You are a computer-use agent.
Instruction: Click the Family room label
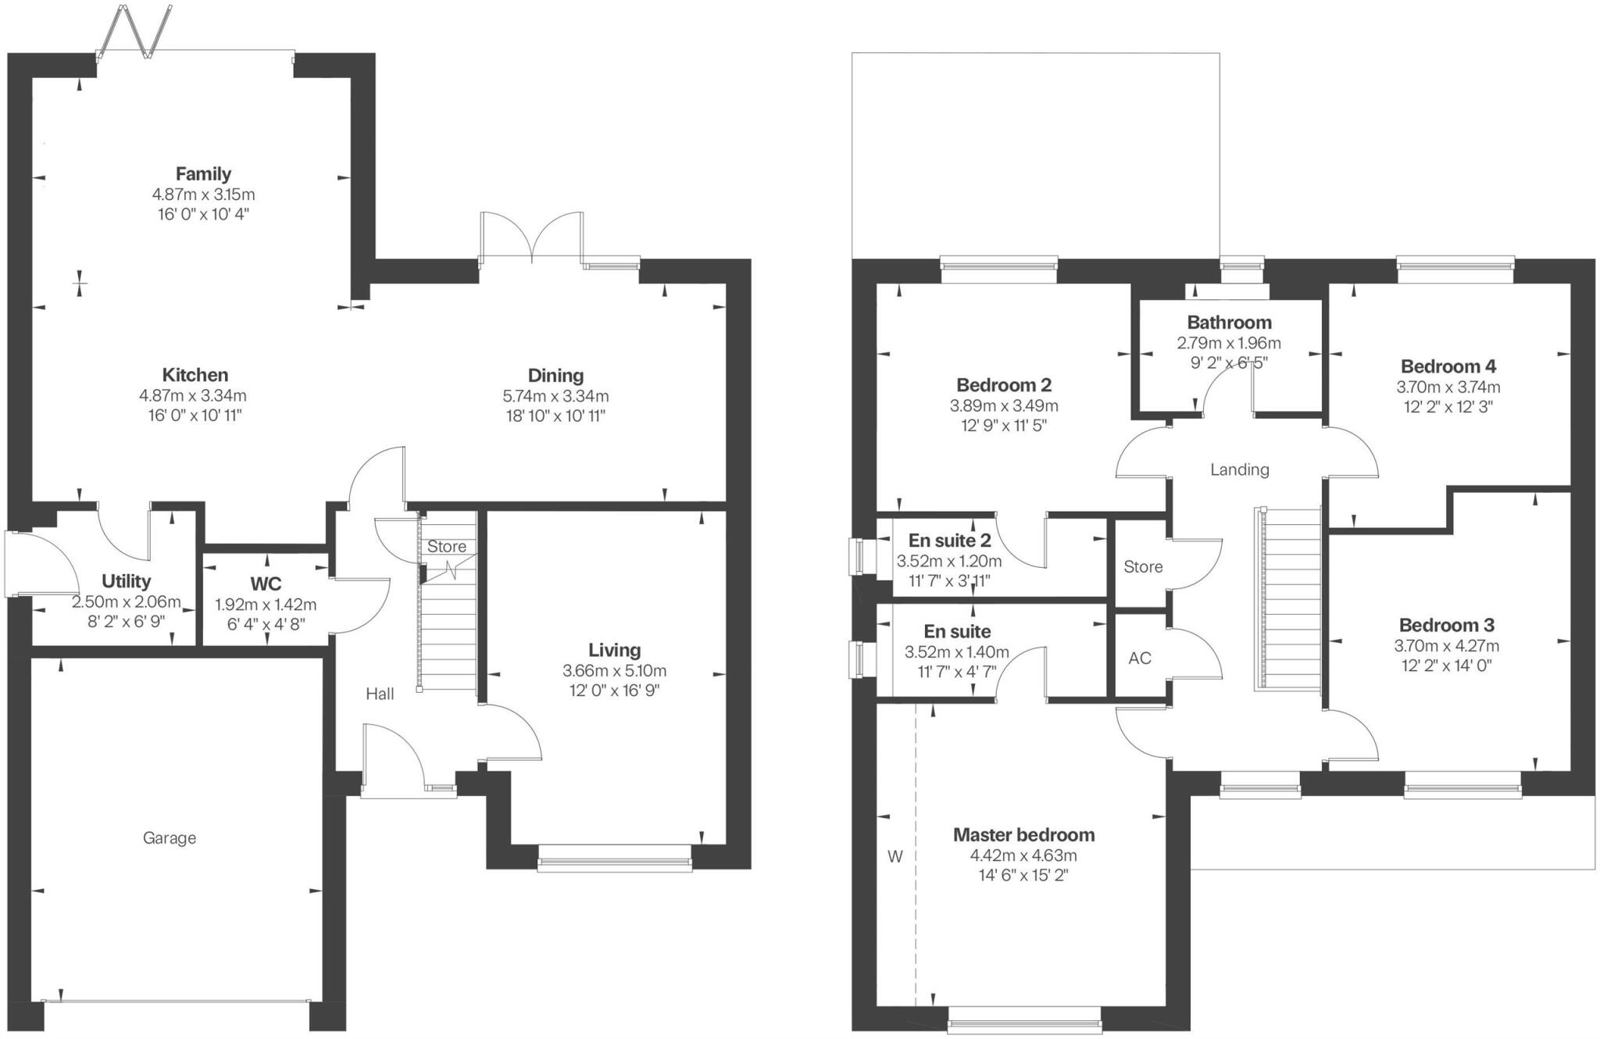[203, 173]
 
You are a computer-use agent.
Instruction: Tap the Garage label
[170, 838]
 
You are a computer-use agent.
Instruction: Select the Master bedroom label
[1023, 834]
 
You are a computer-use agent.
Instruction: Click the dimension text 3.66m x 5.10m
[614, 670]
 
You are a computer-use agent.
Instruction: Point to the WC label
[266, 584]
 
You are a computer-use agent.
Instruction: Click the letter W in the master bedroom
[895, 856]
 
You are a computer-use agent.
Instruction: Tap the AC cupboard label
[1140, 658]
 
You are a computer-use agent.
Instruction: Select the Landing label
[1240, 470]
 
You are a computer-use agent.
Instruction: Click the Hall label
[380, 694]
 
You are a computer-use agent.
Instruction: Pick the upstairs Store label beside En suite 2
[1143, 566]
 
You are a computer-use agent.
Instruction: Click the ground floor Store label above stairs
[447, 547]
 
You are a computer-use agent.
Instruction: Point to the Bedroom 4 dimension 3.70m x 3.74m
[1448, 387]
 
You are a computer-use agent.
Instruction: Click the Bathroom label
[1229, 322]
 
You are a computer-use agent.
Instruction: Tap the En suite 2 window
[859, 556]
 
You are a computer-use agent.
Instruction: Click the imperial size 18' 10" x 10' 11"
[555, 416]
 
